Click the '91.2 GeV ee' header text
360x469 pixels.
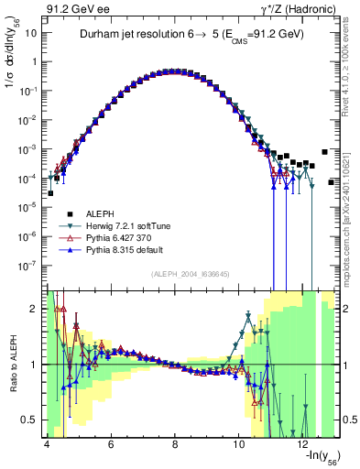point(76,10)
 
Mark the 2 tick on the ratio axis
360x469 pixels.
point(33,308)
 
